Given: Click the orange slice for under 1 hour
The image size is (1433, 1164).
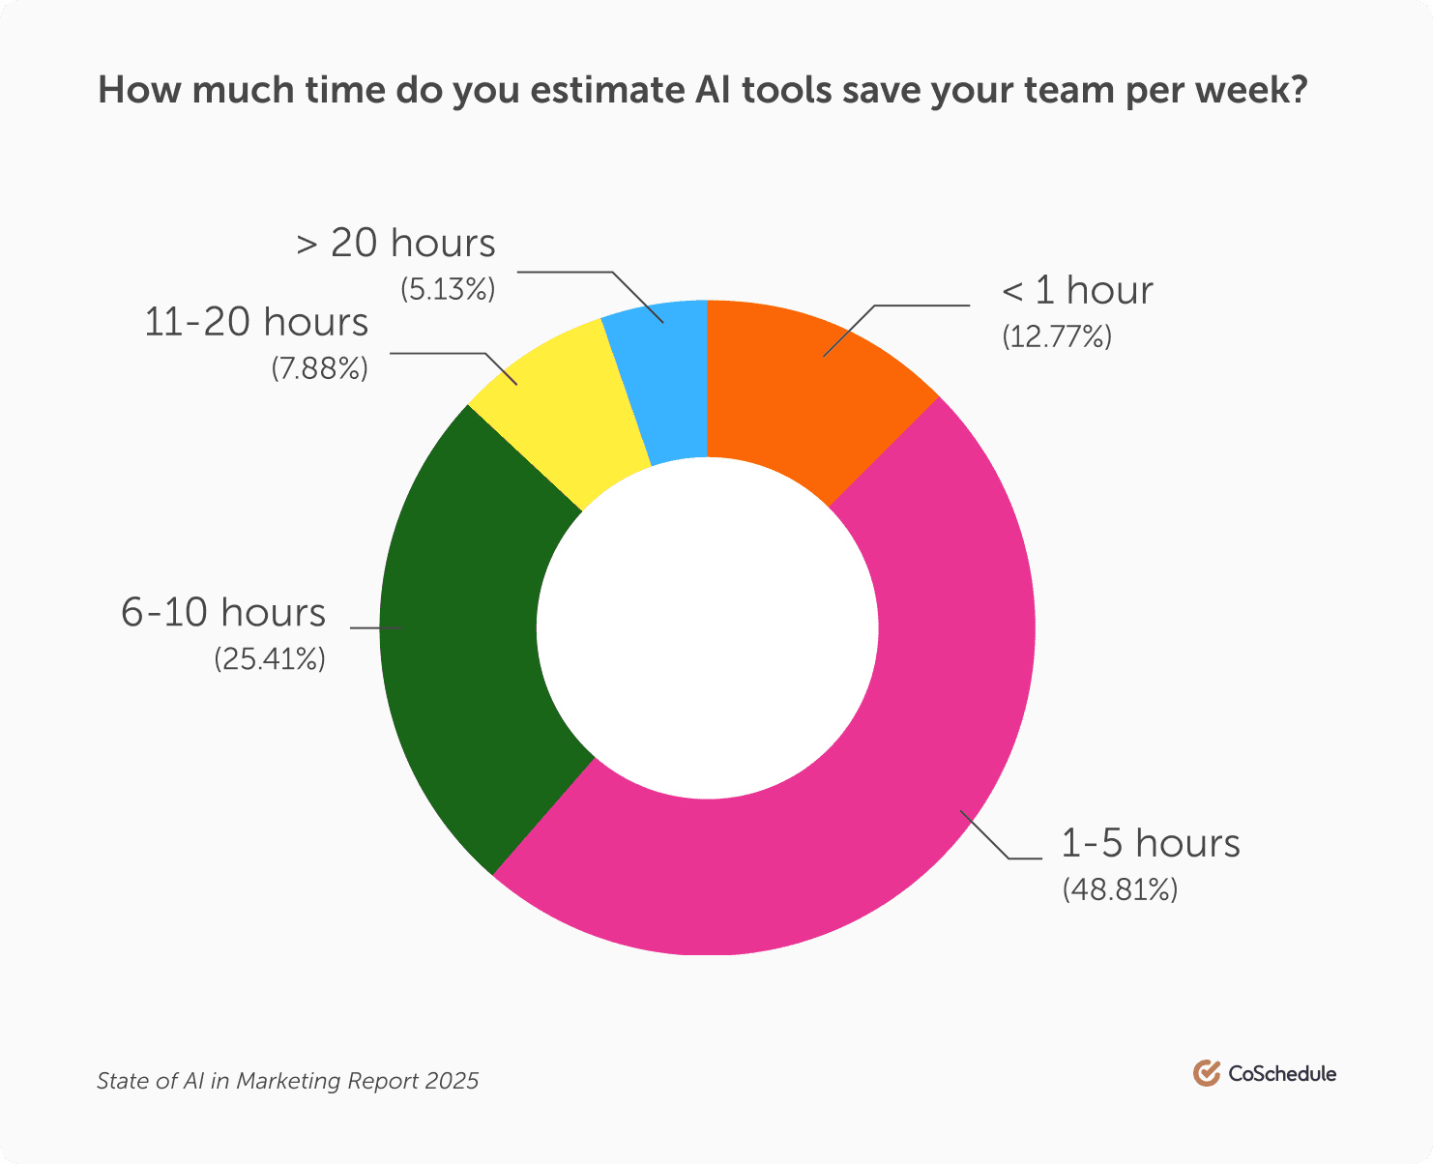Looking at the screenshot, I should (803, 387).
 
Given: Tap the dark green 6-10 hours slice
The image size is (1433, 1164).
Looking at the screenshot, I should (464, 638).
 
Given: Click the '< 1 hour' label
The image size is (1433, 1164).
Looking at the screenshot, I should (1077, 291).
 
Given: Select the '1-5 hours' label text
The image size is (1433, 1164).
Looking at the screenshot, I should (1151, 843).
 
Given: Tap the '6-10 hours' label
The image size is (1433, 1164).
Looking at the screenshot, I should (223, 613).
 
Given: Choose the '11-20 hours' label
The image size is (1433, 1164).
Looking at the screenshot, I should (256, 322).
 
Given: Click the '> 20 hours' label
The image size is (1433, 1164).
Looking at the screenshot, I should (395, 244).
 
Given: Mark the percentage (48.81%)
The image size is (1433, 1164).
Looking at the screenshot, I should (1120, 888).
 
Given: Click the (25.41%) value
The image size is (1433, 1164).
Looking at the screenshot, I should (270, 658).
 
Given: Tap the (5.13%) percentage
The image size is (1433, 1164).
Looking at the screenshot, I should (447, 289).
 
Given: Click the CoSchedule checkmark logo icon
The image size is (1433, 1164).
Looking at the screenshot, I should (1206, 1073).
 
